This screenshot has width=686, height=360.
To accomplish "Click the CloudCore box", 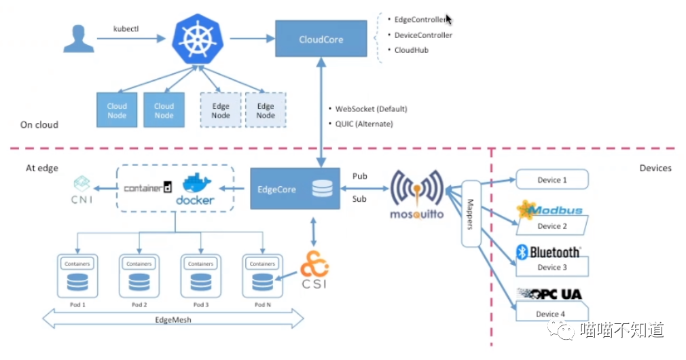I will (x=321, y=39).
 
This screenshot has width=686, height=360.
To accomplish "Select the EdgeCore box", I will (x=295, y=189).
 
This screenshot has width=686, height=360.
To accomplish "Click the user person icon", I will (x=79, y=38).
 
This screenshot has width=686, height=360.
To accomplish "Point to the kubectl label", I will (x=126, y=29).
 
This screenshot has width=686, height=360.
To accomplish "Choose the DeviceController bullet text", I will (x=423, y=35).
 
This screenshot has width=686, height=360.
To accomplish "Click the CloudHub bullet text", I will (x=412, y=50).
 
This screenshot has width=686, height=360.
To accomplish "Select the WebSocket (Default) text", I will (x=371, y=109).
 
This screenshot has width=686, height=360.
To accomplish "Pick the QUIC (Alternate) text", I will (x=364, y=124).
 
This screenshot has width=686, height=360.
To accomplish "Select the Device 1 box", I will (x=552, y=180).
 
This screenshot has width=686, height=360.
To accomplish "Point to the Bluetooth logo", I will (x=549, y=252).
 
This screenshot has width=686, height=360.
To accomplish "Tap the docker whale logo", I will (x=195, y=189).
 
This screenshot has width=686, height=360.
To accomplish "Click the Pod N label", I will (x=262, y=305).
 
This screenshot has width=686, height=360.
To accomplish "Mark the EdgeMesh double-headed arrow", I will (x=173, y=318).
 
